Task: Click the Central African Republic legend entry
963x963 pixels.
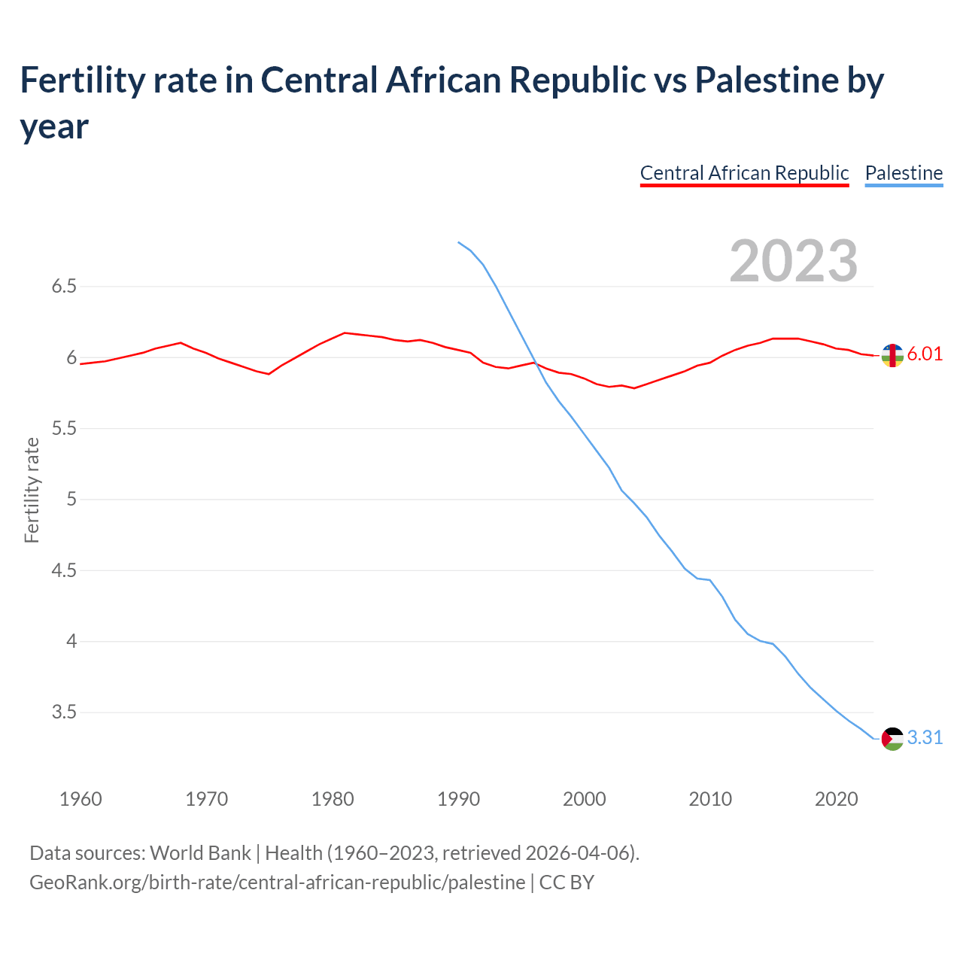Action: [744, 173]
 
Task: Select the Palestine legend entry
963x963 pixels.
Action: [904, 173]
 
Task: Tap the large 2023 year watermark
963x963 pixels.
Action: [793, 261]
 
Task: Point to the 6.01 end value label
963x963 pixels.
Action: [925, 354]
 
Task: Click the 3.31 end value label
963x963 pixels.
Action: [925, 738]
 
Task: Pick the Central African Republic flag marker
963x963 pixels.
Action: [892, 355]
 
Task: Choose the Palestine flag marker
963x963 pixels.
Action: [892, 739]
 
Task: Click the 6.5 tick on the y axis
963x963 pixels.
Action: [64, 287]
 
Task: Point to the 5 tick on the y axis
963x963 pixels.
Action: [71, 500]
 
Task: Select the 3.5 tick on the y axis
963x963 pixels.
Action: [64, 712]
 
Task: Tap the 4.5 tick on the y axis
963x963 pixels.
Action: [64, 571]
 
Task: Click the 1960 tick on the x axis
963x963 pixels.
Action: [81, 799]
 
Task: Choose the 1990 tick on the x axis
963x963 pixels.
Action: [458, 799]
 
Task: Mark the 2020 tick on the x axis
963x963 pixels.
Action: [836, 799]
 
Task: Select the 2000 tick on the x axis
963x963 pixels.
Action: [584, 799]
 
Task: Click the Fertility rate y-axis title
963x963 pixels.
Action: [32, 490]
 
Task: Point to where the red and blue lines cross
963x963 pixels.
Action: [535, 363]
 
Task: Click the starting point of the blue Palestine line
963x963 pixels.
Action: [458, 242]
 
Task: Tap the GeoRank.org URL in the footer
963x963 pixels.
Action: [278, 882]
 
